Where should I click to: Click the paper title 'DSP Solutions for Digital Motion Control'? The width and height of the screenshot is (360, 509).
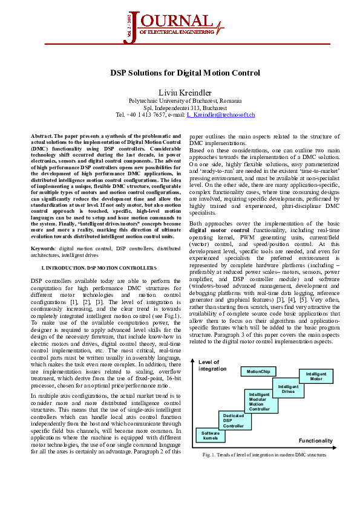(x=185, y=73)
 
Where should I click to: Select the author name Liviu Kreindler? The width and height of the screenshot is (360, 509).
(x=185, y=91)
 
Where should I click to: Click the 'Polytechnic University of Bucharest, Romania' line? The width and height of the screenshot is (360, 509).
(x=185, y=100)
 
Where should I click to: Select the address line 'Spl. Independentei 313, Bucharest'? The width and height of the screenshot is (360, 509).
(x=185, y=107)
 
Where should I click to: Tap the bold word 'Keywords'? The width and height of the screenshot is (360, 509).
(x=43, y=248)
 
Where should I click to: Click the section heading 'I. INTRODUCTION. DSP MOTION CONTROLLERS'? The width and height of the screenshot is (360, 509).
(x=99, y=267)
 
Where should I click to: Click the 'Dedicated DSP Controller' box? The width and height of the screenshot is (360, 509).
(x=234, y=421)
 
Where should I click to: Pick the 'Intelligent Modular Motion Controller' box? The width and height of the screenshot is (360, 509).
(x=260, y=401)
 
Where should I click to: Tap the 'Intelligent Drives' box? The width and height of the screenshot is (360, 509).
(x=288, y=388)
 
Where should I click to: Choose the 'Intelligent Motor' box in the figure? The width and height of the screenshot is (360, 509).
(x=316, y=377)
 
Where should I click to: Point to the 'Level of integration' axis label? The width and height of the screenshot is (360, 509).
(x=212, y=365)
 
